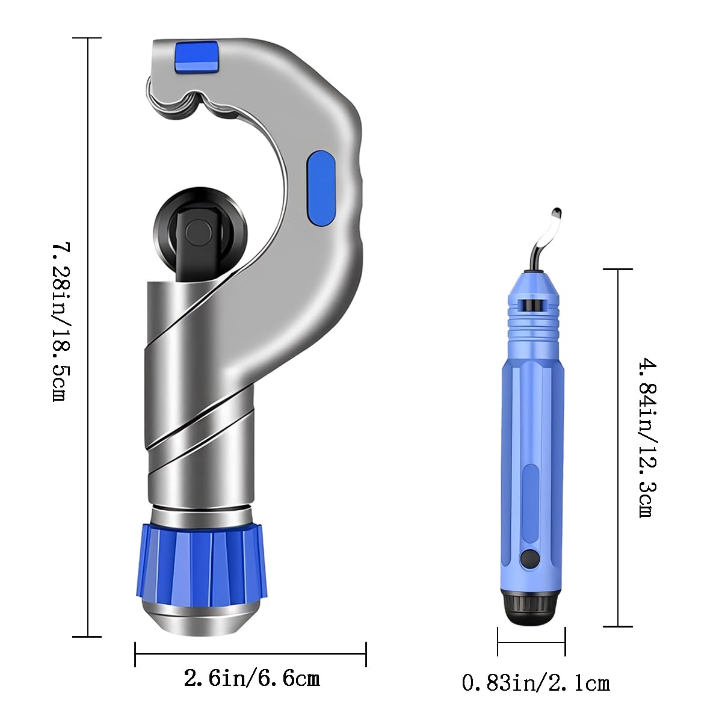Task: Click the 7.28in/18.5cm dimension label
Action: click(62, 322)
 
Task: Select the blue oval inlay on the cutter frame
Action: click(321, 188)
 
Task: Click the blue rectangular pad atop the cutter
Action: click(196, 56)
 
